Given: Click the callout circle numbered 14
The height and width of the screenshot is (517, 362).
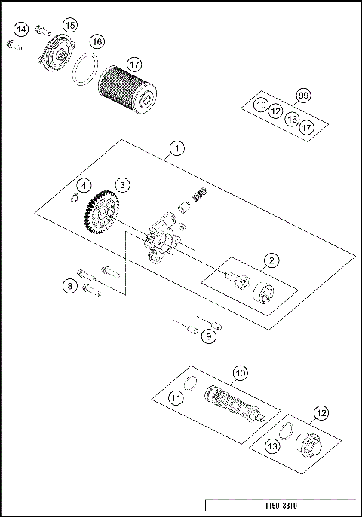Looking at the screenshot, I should tap(21, 29).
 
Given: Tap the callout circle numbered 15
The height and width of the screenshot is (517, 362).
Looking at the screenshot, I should tap(69, 25).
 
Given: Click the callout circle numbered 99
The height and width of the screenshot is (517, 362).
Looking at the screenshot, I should tap(303, 96).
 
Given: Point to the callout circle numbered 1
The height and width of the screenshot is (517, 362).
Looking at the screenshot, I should tap(175, 147).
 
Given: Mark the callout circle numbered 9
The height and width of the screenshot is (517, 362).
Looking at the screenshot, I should tap(208, 336).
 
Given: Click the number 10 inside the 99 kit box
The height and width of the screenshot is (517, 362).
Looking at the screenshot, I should tap(261, 105).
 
